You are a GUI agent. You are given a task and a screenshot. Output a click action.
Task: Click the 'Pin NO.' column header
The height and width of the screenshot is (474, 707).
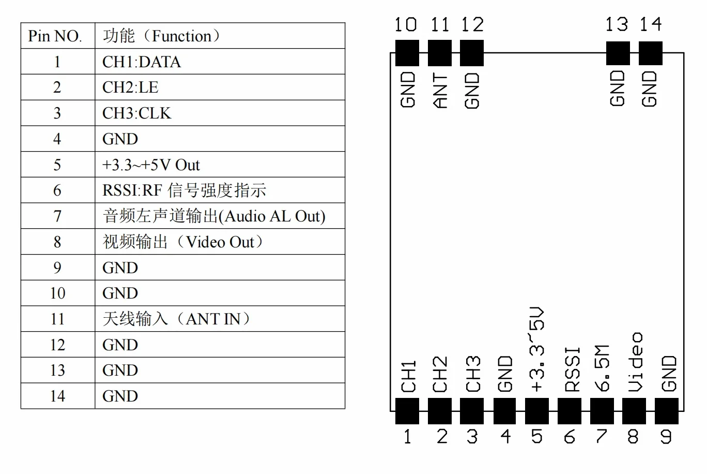click(x=55, y=36)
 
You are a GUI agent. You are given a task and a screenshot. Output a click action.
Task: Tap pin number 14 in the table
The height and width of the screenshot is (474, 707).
click(x=57, y=396)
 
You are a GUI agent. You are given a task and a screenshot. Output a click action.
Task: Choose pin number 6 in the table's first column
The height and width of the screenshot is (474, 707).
click(x=57, y=190)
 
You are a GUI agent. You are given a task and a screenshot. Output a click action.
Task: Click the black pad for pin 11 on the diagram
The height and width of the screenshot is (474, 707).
click(x=439, y=53)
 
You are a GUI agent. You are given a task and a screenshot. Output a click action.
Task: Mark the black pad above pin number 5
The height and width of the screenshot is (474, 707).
click(x=536, y=411)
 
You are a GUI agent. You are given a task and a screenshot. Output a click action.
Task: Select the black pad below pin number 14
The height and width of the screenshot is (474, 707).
click(x=651, y=53)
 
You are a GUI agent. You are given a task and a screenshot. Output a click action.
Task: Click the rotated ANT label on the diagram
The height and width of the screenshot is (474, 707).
click(x=440, y=91)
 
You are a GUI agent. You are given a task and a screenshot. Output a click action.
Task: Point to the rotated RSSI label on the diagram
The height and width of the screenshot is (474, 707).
click(x=572, y=369)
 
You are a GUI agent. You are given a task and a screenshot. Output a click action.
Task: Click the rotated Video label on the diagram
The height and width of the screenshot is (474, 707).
click(x=635, y=362)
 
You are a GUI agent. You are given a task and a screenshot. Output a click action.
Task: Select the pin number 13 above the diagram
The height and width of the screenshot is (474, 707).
click(x=617, y=24)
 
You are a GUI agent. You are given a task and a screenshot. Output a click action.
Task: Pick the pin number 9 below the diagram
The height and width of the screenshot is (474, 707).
click(x=666, y=436)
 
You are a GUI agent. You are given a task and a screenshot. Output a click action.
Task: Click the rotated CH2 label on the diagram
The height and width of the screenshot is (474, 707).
click(x=440, y=374)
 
